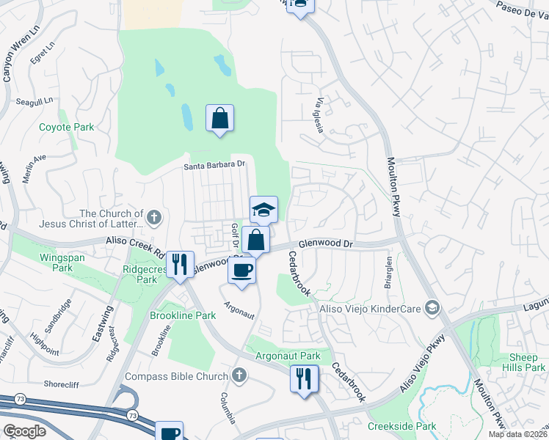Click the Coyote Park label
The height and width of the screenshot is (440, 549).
[x=67, y=127]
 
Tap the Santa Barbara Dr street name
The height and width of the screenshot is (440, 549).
[x=214, y=166]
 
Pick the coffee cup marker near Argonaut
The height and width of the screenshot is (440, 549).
[x=241, y=271]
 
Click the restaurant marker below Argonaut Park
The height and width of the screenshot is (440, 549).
[x=304, y=378]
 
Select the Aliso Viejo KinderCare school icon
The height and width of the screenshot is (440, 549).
[x=433, y=308]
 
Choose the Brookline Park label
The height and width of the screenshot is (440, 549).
[x=182, y=315]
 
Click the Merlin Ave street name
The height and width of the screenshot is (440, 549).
[x=34, y=169]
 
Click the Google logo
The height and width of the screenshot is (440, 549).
[x=25, y=430]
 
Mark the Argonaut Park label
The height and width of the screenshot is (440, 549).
[x=288, y=356]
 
